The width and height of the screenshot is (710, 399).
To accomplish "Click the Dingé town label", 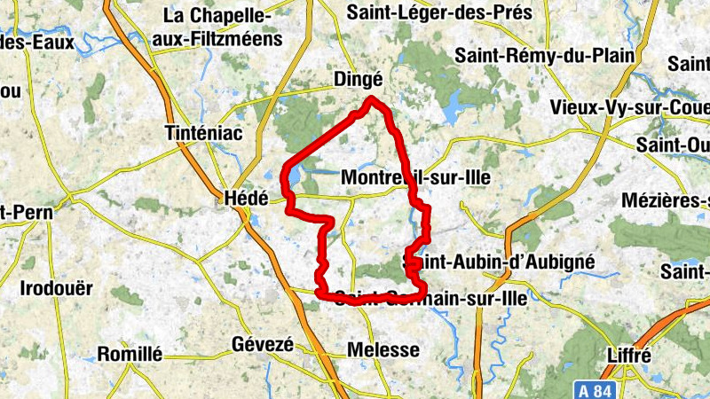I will [x=358, y=80].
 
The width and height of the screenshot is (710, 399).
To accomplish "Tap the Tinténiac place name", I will [x=204, y=133].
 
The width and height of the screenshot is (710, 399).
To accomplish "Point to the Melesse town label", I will [x=383, y=349].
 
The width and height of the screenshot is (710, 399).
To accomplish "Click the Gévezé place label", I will [x=261, y=345].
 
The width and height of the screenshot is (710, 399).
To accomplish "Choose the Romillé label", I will [x=130, y=354].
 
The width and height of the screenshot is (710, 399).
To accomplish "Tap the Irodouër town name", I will [x=56, y=288].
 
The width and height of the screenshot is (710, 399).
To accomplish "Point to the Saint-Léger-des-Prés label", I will [x=439, y=12].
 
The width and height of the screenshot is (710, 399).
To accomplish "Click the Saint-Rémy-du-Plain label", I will [x=545, y=55].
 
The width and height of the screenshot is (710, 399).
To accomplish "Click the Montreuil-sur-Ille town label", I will [x=415, y=177].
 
